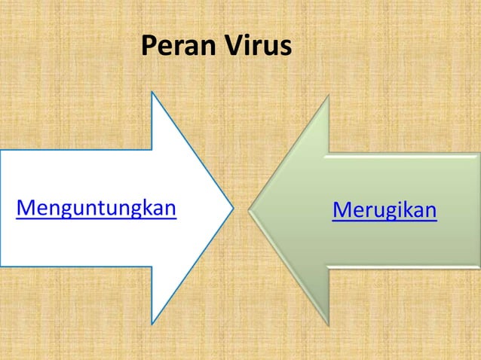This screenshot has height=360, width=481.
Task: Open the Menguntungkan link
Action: [x=96, y=207]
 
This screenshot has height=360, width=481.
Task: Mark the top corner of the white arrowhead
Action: [x=152, y=93]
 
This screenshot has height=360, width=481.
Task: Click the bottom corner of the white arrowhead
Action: [x=152, y=322]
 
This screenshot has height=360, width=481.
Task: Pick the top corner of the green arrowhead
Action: [x=328, y=96]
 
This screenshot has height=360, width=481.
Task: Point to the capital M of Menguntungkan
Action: [x=25, y=207]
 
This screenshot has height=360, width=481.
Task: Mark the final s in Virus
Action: [x=284, y=49]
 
